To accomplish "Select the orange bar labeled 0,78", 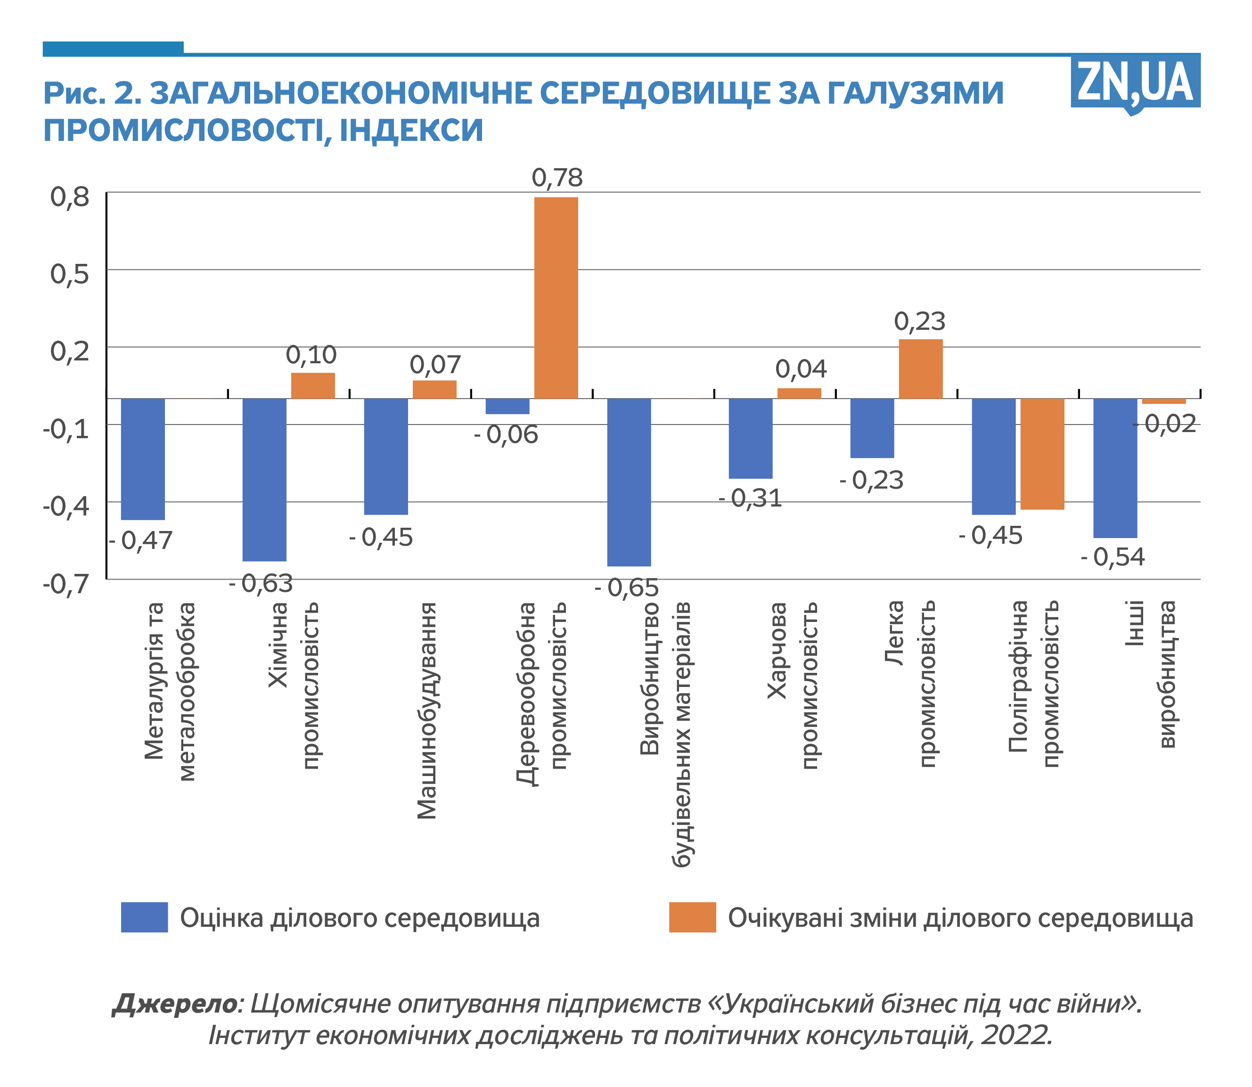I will click(x=556, y=297).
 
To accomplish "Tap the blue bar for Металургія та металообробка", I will click(x=143, y=458).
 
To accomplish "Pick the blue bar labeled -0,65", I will click(x=629, y=482).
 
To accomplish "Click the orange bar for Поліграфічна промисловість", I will click(x=1042, y=453).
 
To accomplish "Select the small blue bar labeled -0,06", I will click(x=507, y=406).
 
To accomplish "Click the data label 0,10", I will click(x=311, y=355).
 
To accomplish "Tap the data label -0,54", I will click(x=1113, y=557).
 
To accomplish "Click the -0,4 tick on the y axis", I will click(x=66, y=506).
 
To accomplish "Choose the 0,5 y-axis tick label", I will click(x=70, y=274).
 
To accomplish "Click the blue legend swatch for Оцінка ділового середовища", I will click(x=144, y=917).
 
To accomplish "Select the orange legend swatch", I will click(x=692, y=917).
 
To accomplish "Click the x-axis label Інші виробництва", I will click(x=1151, y=673).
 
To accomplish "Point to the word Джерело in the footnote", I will click(x=175, y=1003).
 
